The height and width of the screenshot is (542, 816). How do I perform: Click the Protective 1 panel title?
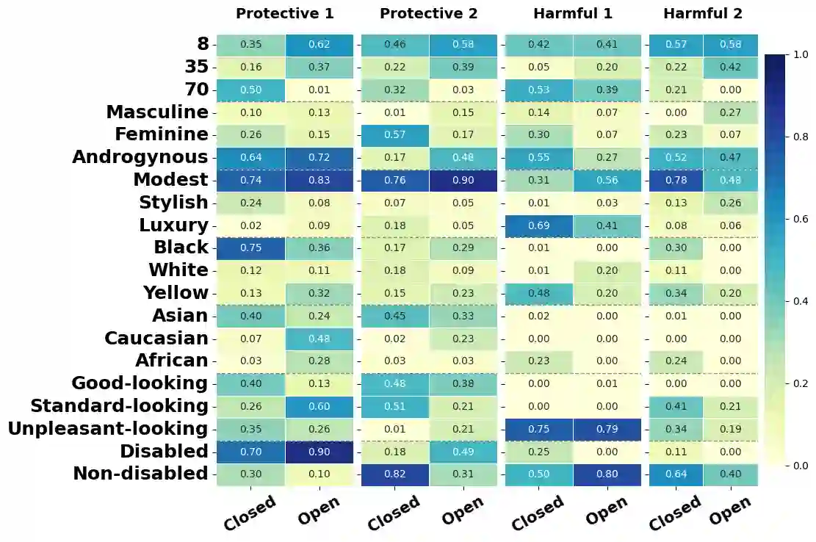click(284, 14)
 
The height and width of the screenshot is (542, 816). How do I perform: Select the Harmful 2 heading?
click(702, 14)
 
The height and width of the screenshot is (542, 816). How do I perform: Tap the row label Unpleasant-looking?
click(108, 429)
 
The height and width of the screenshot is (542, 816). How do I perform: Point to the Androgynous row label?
click(140, 157)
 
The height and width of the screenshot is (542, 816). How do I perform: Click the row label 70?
click(196, 90)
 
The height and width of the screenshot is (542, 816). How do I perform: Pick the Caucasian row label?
click(156, 339)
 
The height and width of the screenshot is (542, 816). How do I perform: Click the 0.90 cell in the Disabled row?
click(319, 452)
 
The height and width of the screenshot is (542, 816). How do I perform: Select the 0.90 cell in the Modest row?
click(463, 180)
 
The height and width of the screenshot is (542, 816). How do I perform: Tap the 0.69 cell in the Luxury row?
click(538, 225)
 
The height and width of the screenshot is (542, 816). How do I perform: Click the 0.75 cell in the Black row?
click(250, 248)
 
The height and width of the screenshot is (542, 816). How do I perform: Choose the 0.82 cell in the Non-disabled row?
click(394, 474)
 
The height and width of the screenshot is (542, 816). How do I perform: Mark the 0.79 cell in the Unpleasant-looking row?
click(607, 429)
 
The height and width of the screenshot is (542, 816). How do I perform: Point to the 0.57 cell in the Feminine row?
click(394, 135)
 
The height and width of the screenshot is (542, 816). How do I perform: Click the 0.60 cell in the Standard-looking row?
click(319, 406)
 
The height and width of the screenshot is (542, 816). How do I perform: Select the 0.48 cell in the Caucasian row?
click(319, 339)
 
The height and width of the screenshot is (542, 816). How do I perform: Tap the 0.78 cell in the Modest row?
click(676, 180)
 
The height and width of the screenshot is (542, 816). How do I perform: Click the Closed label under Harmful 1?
click(537, 513)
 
